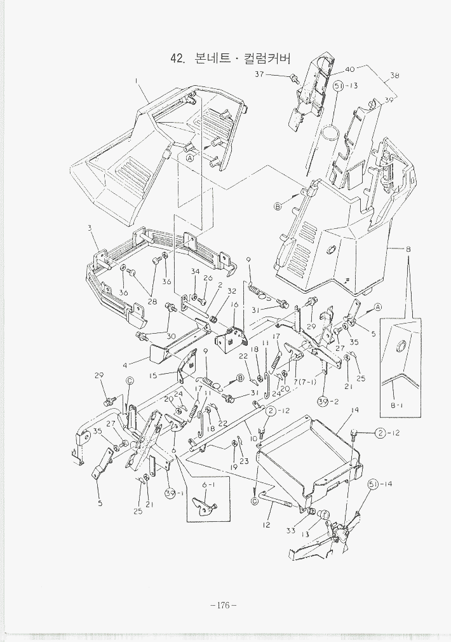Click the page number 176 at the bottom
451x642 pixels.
click(223, 604)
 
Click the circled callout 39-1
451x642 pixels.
click(172, 494)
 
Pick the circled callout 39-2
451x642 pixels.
click(327, 401)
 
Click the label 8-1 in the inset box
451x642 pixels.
click(396, 405)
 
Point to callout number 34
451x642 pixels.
click(195, 272)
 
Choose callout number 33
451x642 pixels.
click(290, 529)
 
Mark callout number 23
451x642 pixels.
click(244, 461)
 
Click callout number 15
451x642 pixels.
click(154, 376)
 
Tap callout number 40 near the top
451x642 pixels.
click(350, 69)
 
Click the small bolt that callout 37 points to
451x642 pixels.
click(294, 79)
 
